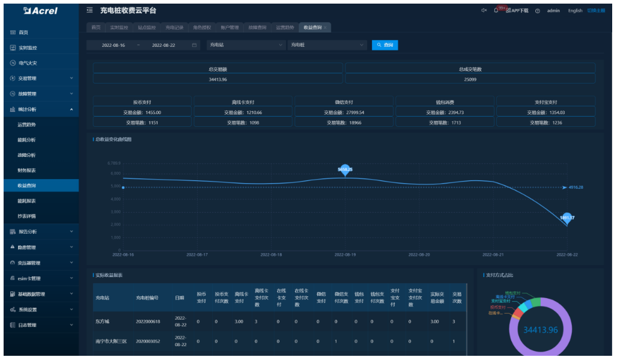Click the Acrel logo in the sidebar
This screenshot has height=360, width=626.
(x=40, y=11)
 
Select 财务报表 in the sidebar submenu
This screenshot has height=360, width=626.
(x=26, y=171)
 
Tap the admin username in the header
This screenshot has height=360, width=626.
(x=553, y=11)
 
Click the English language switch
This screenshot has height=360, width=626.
(x=575, y=11)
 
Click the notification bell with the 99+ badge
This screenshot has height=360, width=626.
(x=496, y=10)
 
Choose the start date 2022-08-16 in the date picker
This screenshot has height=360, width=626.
(x=113, y=45)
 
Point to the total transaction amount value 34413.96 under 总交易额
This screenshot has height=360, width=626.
(x=217, y=79)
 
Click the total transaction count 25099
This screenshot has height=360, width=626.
(x=470, y=79)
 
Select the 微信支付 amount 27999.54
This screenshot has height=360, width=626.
(x=344, y=112)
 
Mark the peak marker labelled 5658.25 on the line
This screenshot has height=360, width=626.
(x=345, y=170)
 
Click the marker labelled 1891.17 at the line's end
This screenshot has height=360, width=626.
(x=567, y=218)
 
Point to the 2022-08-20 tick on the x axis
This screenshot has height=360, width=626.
(x=419, y=255)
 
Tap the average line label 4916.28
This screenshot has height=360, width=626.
(x=576, y=188)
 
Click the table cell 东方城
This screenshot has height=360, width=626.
(x=102, y=322)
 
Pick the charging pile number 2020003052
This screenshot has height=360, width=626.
(x=147, y=341)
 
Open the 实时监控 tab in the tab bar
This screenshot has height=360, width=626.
(x=118, y=28)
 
